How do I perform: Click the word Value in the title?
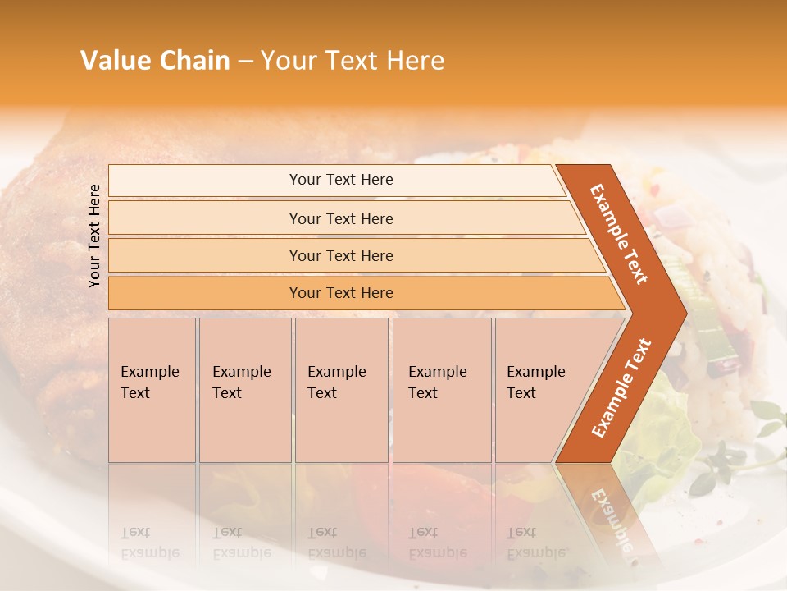[113, 61]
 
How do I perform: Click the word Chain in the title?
[194, 61]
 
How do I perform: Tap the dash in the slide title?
[245, 62]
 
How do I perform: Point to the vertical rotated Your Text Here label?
[94, 236]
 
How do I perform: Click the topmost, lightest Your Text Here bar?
[340, 180]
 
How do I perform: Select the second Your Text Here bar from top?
[340, 218]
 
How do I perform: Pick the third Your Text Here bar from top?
[340, 255]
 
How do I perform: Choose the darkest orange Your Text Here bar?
[340, 293]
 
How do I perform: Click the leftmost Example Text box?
[152, 390]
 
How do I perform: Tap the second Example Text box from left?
[244, 390]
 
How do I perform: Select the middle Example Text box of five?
[341, 390]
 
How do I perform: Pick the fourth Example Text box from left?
[441, 390]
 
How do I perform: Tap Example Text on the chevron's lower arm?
[621, 387]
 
